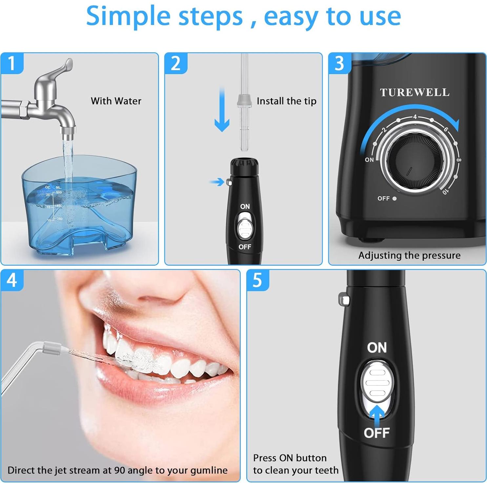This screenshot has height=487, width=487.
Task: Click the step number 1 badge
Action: (12, 63)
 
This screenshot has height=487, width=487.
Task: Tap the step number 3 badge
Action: (339, 63)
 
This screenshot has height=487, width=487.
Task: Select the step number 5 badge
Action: (257, 280)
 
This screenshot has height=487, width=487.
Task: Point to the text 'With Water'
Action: (116, 101)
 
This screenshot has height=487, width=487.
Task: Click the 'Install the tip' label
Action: (286, 101)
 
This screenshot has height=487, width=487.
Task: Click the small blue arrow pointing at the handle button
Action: (217, 182)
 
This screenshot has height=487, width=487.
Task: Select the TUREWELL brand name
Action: (415, 92)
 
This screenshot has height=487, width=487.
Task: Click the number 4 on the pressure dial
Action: (415, 117)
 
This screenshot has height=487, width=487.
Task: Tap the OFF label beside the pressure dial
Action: (383, 198)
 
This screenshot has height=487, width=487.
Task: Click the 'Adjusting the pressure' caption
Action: (409, 255)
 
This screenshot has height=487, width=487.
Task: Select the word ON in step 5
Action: (377, 348)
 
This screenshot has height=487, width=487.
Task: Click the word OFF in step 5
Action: (376, 433)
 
